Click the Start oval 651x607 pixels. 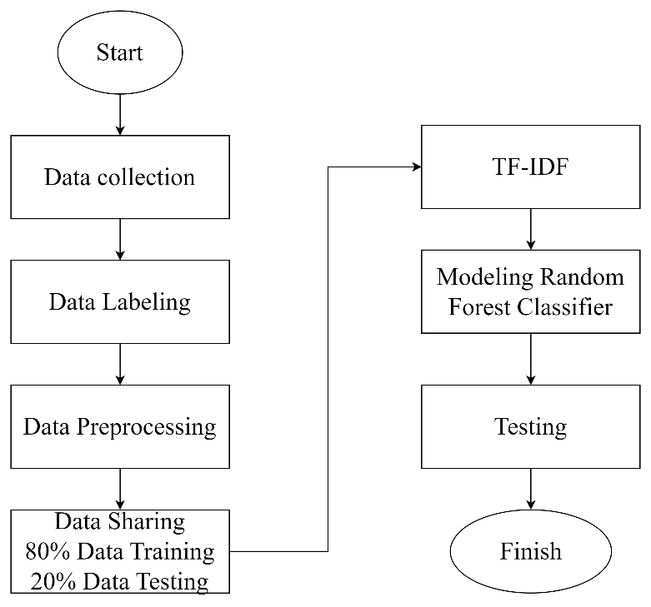click(119, 53)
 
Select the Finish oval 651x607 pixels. click(530, 551)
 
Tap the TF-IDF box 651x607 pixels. click(530, 167)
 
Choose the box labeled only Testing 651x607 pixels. click(530, 426)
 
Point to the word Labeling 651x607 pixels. click(147, 302)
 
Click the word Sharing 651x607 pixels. click(146, 522)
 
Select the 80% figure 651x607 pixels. click(43, 551)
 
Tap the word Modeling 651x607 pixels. click(483, 276)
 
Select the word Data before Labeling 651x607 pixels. click(72, 302)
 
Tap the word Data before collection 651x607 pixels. click(67, 177)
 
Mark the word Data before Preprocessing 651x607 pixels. click(46, 427)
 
